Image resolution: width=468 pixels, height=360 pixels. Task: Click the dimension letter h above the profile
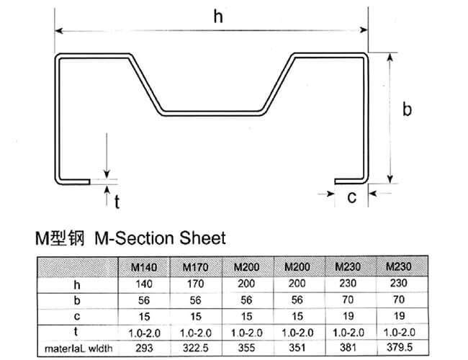pyautogui.click(x=218, y=17)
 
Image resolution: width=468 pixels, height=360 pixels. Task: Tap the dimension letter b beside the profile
pyautogui.click(x=407, y=109)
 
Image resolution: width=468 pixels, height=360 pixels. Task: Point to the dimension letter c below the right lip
pyautogui.click(x=352, y=197)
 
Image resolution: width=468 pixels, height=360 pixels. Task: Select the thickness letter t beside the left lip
pyautogui.click(x=117, y=202)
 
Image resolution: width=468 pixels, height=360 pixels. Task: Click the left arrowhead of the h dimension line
pyautogui.click(x=59, y=31)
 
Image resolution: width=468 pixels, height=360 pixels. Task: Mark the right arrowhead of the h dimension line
pyautogui.click(x=364, y=30)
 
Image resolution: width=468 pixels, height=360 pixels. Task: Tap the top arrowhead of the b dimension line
pyautogui.click(x=390, y=58)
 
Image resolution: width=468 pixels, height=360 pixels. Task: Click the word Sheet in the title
pyautogui.click(x=202, y=238)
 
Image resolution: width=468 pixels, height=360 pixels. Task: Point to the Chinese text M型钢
pyautogui.click(x=60, y=238)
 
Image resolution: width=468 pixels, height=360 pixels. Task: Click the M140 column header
pyautogui.click(x=144, y=267)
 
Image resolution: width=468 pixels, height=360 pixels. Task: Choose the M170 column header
pyautogui.click(x=196, y=267)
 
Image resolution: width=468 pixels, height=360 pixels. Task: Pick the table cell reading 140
pyautogui.click(x=144, y=284)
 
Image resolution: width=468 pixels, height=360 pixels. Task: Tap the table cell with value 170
pyautogui.click(x=196, y=284)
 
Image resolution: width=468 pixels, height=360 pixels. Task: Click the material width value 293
pyautogui.click(x=144, y=348)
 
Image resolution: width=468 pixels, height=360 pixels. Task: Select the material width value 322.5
pyautogui.click(x=196, y=348)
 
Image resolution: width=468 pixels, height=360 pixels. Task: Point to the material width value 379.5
pyautogui.click(x=400, y=347)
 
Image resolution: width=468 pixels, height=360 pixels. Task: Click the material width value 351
pyautogui.click(x=297, y=348)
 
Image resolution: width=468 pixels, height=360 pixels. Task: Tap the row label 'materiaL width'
pyautogui.click(x=78, y=348)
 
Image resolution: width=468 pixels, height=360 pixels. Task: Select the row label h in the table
pyautogui.click(x=77, y=285)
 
